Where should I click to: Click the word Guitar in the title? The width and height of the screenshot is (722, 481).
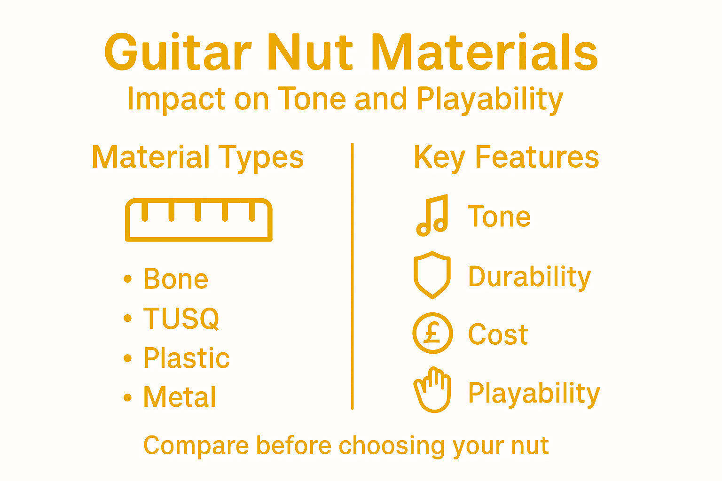178,53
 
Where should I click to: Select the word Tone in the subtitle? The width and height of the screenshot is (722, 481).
313,99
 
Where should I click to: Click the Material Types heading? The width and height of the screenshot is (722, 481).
197,157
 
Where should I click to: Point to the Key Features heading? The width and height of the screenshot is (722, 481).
506,157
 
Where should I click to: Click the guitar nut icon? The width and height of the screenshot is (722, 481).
198,220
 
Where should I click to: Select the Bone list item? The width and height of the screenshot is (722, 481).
176,279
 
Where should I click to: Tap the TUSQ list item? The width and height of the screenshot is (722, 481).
181,318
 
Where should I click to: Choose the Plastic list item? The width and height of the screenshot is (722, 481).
186,358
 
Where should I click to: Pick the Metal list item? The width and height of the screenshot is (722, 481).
180,397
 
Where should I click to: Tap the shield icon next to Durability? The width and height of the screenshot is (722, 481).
432,275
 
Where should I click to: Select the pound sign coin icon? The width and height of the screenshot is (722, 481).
432,334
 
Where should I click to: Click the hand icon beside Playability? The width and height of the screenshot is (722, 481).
432,390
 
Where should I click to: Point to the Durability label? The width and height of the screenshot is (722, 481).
529,276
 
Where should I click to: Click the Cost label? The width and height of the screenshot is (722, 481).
498,334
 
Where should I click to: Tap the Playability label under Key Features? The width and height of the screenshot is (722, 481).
534,393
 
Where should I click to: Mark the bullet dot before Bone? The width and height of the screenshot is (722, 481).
127,279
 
